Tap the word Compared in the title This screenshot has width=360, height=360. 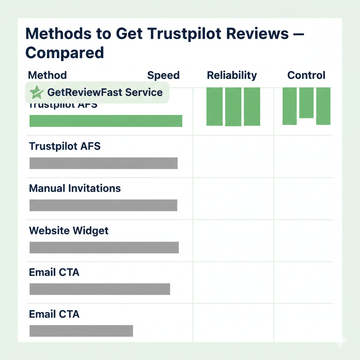click(x=65, y=52)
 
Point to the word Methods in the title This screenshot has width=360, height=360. click(x=56, y=34)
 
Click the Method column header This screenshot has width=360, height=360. click(x=47, y=75)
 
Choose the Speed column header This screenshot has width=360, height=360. click(x=163, y=75)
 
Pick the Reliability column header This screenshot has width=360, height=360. click(x=232, y=75)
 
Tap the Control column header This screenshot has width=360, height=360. click(x=306, y=75)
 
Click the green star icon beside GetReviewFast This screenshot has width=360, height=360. click(x=36, y=92)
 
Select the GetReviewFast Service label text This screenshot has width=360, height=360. click(x=105, y=92)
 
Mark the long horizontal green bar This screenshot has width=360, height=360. click(x=105, y=121)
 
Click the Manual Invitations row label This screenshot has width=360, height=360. click(x=75, y=188)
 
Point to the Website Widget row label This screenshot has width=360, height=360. click(x=69, y=231)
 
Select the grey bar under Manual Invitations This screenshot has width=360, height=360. click(x=103, y=205)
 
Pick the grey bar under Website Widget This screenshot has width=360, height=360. click(x=104, y=247)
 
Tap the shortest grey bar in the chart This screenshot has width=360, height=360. click(x=81, y=331)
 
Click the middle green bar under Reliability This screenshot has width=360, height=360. click(x=233, y=107)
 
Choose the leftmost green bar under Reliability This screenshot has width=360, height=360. click(x=214, y=106)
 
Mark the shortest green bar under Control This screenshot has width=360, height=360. click(x=306, y=103)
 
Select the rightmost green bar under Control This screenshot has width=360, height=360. click(x=323, y=106)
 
